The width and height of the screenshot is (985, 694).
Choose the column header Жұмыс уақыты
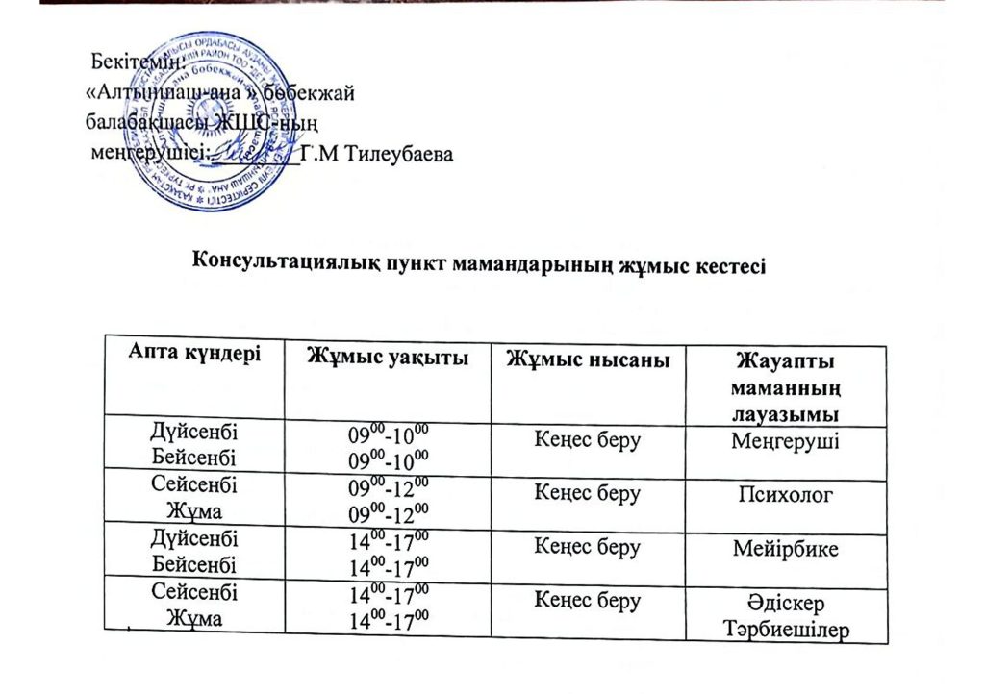(388, 357)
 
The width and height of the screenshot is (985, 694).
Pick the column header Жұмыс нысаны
(584, 359)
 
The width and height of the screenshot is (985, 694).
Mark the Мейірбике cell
(785, 549)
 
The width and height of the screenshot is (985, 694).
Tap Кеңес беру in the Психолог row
(584, 494)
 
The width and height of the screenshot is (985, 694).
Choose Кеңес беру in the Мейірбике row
(584, 547)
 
